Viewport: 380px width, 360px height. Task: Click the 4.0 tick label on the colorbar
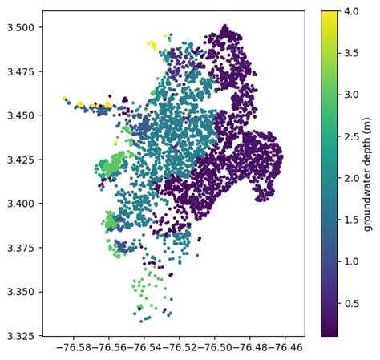pyautogui.click(x=350, y=11)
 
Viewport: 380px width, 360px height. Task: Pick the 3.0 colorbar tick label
pyautogui.click(x=350, y=95)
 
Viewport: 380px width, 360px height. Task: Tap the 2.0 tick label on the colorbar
pyautogui.click(x=350, y=178)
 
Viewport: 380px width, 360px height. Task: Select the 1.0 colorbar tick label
pyautogui.click(x=350, y=261)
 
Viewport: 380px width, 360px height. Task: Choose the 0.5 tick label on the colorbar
pyautogui.click(x=350, y=303)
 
